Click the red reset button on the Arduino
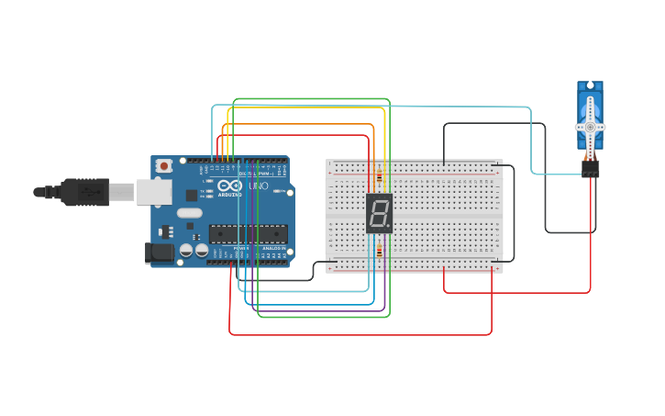(164, 166)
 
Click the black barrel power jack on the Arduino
(159, 253)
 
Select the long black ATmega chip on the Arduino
(248, 233)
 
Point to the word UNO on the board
(259, 186)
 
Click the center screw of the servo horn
(590, 127)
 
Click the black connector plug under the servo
(590, 169)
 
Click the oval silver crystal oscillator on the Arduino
(189, 213)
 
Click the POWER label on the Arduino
(240, 248)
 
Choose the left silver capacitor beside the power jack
(185, 250)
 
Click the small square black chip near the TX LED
(191, 195)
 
